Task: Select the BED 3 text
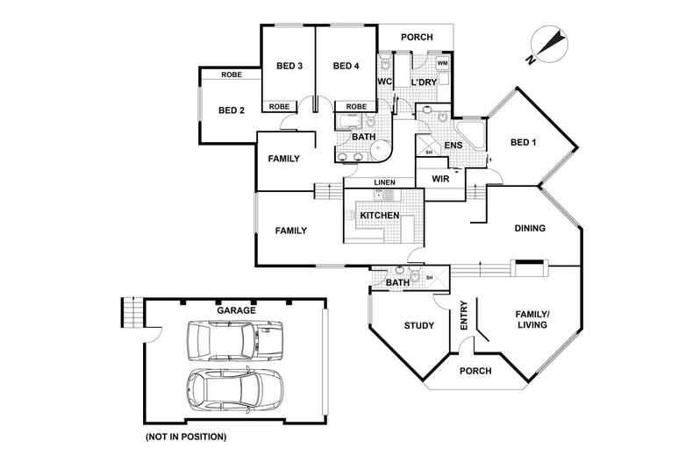pyautogui.click(x=289, y=66)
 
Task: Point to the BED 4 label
pyautogui.click(x=346, y=66)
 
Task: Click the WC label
pyautogui.click(x=384, y=82)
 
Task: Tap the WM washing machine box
pyautogui.click(x=442, y=64)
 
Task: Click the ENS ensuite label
pyautogui.click(x=454, y=145)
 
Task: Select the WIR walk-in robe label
pyautogui.click(x=440, y=178)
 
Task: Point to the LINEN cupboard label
pyautogui.click(x=383, y=182)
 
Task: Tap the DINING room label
pyautogui.click(x=530, y=229)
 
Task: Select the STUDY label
pyautogui.click(x=418, y=326)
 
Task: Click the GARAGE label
pyautogui.click(x=236, y=310)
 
